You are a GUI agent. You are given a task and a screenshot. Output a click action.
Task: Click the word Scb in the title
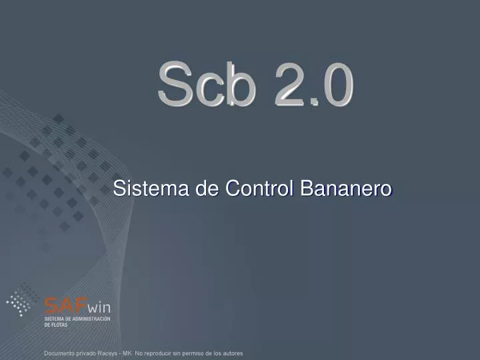point(207,85)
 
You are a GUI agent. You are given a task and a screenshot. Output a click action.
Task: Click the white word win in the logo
point(99,307)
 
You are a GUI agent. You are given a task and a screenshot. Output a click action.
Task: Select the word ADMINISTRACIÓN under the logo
point(90,319)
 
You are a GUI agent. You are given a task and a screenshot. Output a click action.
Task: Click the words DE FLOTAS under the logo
point(56,325)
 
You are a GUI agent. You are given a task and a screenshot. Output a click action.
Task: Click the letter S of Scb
point(174,85)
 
